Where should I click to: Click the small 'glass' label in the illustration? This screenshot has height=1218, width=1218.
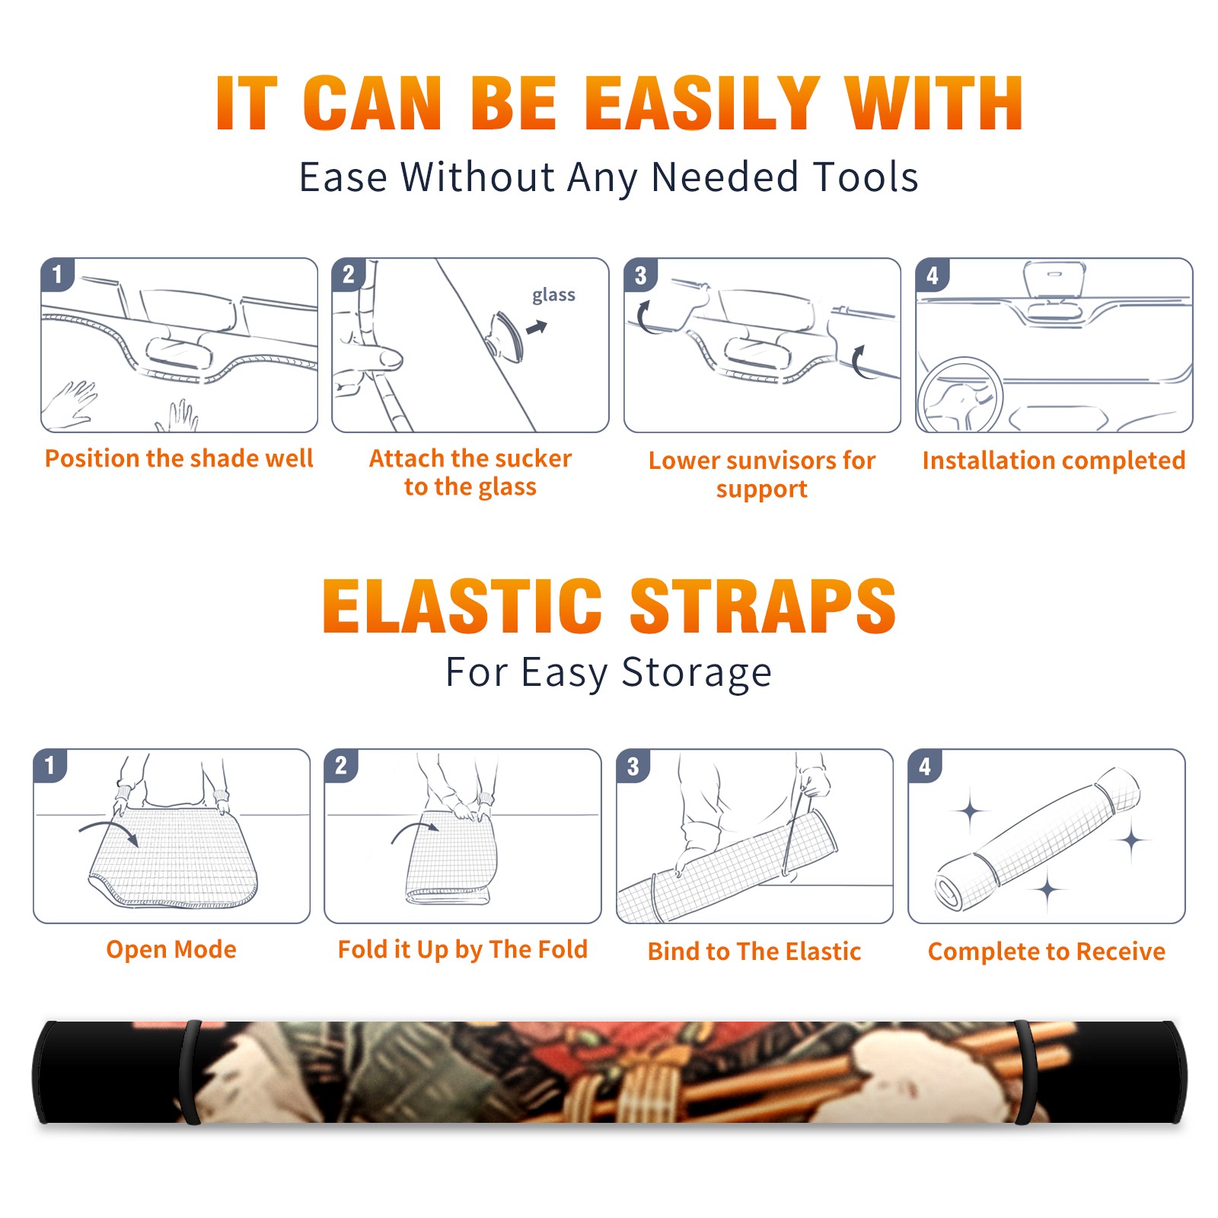point(553,295)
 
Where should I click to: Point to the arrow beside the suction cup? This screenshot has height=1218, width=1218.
point(537,327)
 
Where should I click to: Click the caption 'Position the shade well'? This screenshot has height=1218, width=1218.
point(179,458)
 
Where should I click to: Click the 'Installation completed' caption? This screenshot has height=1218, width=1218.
point(1054,461)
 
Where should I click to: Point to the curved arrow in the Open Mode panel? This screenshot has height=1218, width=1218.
point(109,831)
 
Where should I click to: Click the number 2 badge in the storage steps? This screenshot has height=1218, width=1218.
point(341,766)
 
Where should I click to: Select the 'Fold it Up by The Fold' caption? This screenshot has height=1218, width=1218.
point(463,950)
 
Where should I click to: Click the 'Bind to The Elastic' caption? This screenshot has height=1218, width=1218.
point(754,952)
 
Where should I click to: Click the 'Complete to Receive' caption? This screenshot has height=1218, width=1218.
point(1047,952)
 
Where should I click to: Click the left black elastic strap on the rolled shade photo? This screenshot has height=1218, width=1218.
point(190,1072)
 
